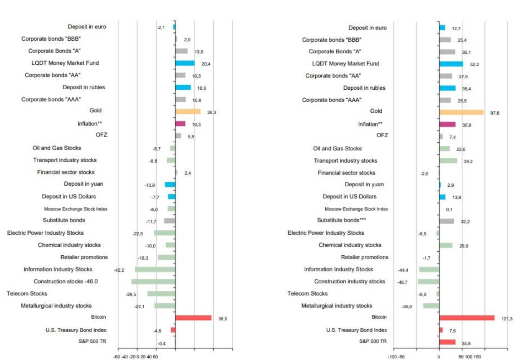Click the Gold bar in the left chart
click(x=188, y=112)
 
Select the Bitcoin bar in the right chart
click(x=467, y=318)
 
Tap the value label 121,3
click(x=506, y=319)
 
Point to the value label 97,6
click(x=495, y=113)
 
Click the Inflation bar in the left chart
click(x=180, y=124)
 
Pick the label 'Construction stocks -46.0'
click(x=66, y=281)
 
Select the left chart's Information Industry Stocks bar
click(x=155, y=270)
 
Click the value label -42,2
click(x=119, y=270)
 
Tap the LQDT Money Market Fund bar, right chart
click(x=451, y=64)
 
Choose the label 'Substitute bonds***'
click(x=341, y=220)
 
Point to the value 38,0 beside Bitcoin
click(x=223, y=319)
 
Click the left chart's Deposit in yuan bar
click(x=170, y=184)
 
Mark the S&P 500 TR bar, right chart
click(x=447, y=342)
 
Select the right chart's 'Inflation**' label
click(x=370, y=124)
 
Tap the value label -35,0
click(x=406, y=307)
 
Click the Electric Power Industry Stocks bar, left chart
click(x=164, y=233)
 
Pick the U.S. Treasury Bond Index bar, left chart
click(x=173, y=330)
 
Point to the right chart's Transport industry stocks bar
click(x=448, y=161)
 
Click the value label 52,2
click(x=474, y=64)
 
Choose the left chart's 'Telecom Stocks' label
click(x=27, y=294)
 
